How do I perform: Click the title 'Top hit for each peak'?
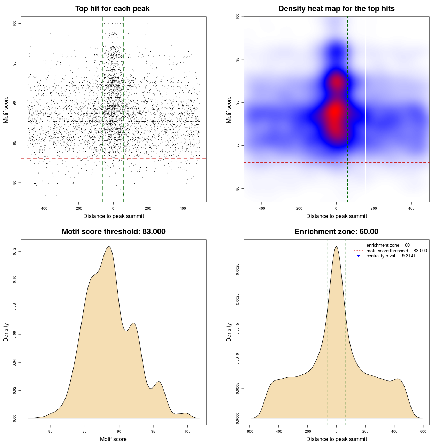113,9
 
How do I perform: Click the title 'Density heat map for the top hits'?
336,9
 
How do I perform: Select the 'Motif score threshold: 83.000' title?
113,232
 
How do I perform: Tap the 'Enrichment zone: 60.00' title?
336,232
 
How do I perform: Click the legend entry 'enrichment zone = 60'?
388,245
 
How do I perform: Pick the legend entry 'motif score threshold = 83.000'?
397,251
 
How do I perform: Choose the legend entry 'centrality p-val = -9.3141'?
391,256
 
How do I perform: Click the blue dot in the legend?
359,256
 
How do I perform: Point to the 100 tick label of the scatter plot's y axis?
15,23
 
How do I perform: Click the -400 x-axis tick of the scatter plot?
44,208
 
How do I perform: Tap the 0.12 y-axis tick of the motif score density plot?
15,251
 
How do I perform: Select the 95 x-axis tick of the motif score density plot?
153,431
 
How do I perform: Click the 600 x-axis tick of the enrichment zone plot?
423,431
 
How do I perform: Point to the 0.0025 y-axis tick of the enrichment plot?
238,269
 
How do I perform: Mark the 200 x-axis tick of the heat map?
374,208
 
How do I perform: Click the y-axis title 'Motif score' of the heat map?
229,109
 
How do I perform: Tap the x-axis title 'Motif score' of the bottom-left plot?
113,439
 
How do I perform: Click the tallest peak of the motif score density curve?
109,247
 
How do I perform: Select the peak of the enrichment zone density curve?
336,247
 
